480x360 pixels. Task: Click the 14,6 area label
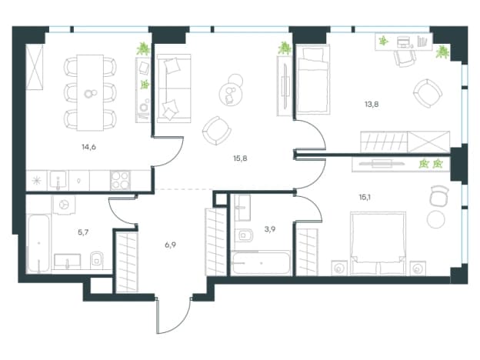(x=88, y=147)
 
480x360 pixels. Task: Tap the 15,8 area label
(x=240, y=158)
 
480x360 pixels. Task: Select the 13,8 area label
(x=372, y=105)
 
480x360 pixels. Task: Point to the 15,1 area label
(x=365, y=198)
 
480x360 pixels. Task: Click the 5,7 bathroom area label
(x=83, y=232)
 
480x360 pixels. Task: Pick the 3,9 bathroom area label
(x=270, y=229)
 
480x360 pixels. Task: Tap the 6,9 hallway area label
(x=170, y=245)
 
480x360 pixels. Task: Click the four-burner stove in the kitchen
(x=120, y=180)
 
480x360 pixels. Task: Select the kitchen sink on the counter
(x=58, y=180)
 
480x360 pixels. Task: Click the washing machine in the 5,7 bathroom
(x=65, y=205)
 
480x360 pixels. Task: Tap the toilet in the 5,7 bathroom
(x=97, y=261)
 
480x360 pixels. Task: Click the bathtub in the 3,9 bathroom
(x=261, y=262)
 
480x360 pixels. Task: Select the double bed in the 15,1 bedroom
(x=378, y=243)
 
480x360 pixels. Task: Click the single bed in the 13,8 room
(x=312, y=79)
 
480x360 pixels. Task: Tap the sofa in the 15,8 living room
(x=174, y=88)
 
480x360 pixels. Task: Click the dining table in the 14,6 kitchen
(x=90, y=93)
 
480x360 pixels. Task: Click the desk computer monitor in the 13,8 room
(x=404, y=42)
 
